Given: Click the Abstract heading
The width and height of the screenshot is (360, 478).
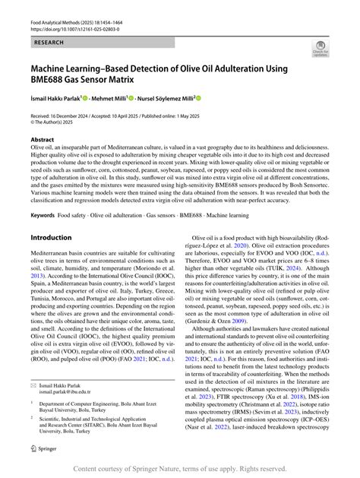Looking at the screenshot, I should coord(43,140).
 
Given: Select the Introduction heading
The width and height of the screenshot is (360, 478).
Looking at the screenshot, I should coord(51,237).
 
